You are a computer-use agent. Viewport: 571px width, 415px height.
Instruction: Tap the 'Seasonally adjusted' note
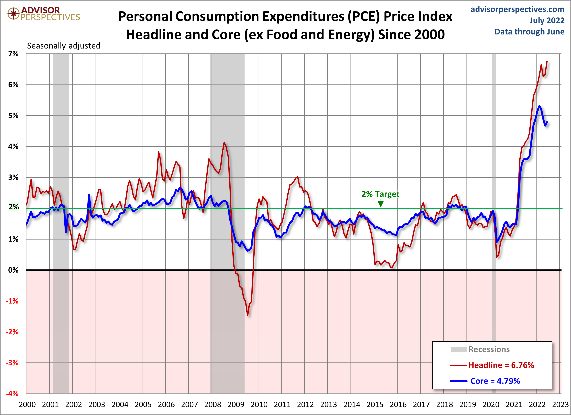(x=64, y=46)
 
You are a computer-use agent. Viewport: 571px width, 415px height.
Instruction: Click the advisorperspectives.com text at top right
(x=517, y=9)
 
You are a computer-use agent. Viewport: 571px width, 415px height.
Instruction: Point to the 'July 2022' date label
(x=547, y=20)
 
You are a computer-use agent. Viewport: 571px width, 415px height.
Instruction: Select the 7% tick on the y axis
(x=13, y=54)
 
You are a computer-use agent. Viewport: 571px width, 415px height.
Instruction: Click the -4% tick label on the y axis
(x=12, y=394)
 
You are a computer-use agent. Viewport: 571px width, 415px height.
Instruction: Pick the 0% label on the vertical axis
(x=13, y=270)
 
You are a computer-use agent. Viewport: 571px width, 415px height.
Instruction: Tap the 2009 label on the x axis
(x=236, y=405)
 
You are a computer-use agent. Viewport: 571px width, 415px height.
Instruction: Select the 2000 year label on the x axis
(x=27, y=405)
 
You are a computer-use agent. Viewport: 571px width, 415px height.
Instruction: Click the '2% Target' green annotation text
(x=380, y=194)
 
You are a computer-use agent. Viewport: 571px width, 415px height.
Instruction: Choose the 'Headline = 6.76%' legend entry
(x=501, y=365)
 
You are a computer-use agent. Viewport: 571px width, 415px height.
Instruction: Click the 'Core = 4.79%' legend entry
(x=495, y=381)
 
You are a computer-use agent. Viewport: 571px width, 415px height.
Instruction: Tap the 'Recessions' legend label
(x=489, y=349)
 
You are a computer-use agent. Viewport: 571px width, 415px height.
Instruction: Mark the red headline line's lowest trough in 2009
(x=247, y=315)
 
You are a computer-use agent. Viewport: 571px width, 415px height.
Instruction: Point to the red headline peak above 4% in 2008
(x=224, y=142)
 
